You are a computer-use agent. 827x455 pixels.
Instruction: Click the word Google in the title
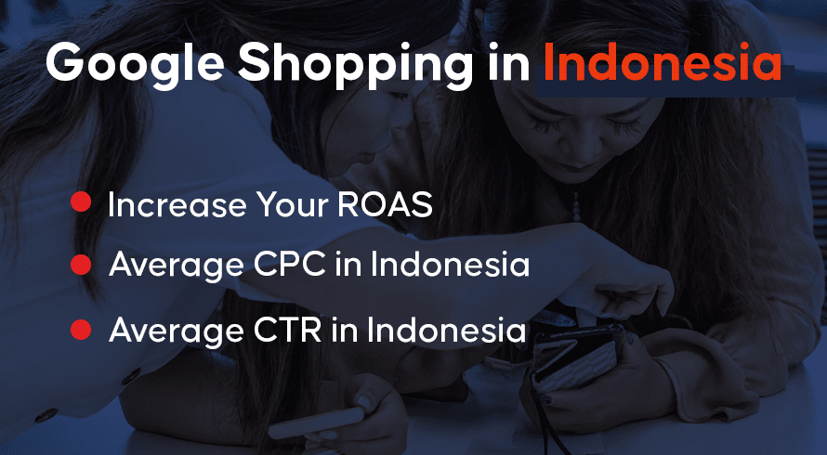point(135,64)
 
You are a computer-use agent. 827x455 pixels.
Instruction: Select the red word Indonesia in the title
point(663,61)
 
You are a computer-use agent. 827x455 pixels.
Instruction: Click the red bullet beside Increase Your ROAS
point(81,201)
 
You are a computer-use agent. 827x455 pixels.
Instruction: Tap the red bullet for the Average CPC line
point(81,264)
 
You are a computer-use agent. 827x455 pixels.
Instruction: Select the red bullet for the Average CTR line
point(81,330)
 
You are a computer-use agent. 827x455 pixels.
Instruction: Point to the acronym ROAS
point(385,204)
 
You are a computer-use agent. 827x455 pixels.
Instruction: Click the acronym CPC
point(290,265)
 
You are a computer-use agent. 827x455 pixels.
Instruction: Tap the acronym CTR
point(287,331)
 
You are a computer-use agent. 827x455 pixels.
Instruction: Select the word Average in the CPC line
point(177,267)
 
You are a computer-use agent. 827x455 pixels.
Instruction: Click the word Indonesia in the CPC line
point(450,265)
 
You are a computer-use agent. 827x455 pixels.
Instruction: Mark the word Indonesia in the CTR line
point(446,331)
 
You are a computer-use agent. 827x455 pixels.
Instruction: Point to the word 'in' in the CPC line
point(348,265)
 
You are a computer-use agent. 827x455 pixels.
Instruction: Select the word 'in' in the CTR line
point(344,331)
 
